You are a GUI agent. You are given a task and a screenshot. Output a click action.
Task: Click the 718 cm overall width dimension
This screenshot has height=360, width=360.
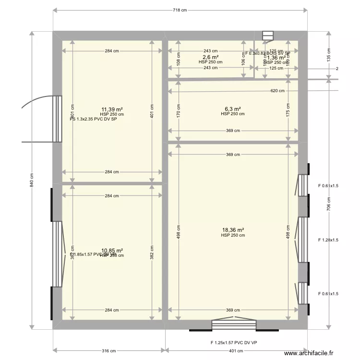tap(180, 10)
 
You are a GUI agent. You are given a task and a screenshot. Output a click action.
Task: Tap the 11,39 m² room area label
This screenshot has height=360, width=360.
tap(112, 109)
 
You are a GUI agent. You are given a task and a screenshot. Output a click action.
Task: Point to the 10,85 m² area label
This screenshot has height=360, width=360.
tap(112, 251)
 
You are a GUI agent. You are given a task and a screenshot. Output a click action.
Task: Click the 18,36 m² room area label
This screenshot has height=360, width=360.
tap(233, 230)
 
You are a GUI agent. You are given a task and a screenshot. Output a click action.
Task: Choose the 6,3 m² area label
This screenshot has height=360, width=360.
tap(233, 109)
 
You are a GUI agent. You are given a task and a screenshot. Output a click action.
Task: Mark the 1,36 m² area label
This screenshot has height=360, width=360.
tap(276, 58)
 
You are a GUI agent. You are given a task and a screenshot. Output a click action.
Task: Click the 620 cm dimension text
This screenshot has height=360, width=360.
tap(277, 91)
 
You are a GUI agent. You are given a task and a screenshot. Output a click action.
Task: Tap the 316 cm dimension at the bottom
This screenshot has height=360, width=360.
tap(109, 351)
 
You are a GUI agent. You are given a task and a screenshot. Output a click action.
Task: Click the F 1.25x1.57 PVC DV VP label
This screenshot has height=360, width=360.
tap(234, 342)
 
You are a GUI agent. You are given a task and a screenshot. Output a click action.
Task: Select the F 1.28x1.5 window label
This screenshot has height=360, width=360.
tap(328, 240)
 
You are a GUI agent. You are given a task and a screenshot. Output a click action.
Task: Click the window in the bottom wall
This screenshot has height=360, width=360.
tap(234, 325)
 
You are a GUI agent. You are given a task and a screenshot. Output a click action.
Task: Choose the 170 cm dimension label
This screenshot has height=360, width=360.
tap(179, 114)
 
